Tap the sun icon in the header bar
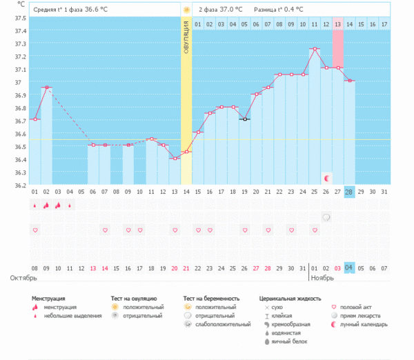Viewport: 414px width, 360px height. [186, 10]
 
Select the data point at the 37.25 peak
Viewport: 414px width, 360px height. [315, 49]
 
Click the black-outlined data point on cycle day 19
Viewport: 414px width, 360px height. [244, 119]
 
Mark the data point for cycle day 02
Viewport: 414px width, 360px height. [46, 88]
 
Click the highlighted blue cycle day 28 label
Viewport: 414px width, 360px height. [349, 192]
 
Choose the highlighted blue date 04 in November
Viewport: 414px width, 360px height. [349, 268]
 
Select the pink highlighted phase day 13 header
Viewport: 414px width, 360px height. [337, 25]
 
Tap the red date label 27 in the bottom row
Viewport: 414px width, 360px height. [256, 268]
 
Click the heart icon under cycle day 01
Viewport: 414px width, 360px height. [34, 230]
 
